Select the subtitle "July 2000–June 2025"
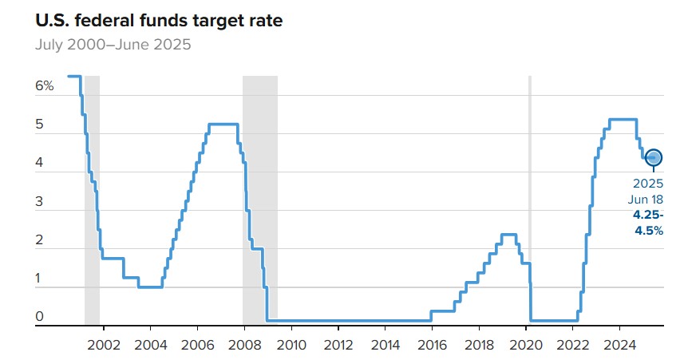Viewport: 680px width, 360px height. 113,44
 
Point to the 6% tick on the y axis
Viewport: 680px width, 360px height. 44,85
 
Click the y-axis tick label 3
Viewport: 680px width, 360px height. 39,204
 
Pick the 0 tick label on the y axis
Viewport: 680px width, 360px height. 39,317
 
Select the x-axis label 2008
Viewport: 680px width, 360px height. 244,345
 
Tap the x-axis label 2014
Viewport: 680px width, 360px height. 385,345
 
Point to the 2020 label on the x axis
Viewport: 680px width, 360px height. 527,345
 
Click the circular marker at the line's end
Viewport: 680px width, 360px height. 654,158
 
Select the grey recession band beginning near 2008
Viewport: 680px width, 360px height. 260,200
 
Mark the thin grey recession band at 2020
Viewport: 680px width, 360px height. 530,200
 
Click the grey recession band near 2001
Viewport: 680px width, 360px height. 92,200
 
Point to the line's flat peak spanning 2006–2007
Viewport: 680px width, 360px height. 223,124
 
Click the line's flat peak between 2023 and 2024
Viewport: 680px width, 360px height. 623,120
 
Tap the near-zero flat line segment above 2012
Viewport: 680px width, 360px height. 338,321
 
